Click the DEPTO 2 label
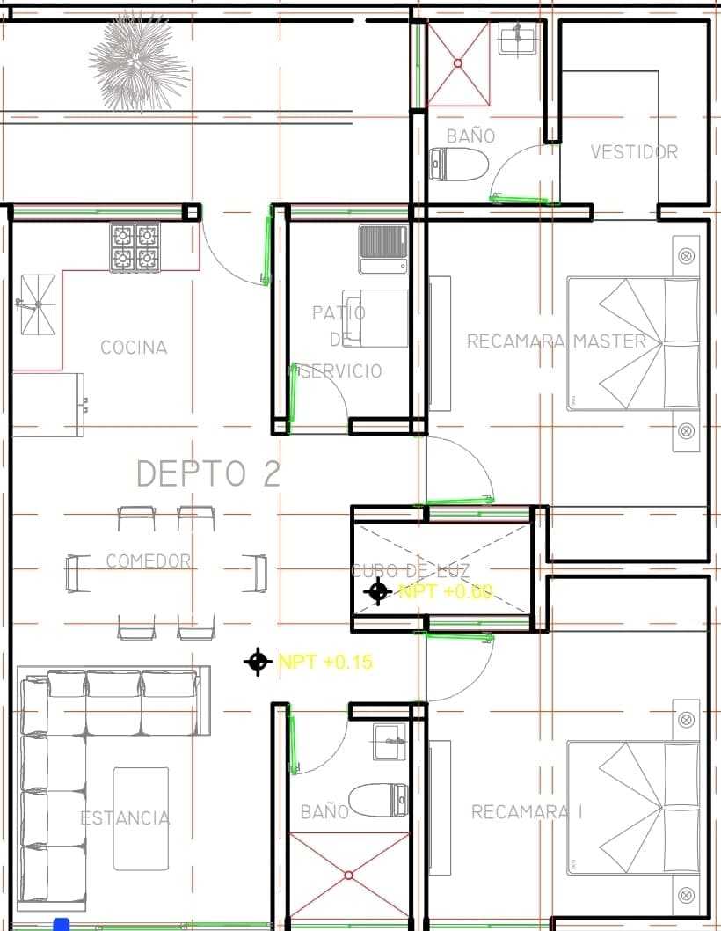[208, 473]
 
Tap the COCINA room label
[134, 348]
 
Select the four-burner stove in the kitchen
[135, 247]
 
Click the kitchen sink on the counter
[37, 304]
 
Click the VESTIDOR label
[634, 152]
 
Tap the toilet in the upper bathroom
[459, 165]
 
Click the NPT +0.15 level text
[325, 662]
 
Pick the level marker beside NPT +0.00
[378, 591]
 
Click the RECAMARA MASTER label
[556, 341]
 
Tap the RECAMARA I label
[527, 812]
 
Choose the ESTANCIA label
[125, 818]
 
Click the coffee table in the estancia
[141, 818]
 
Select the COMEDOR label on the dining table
[148, 561]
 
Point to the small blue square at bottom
[61, 924]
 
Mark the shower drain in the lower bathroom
[349, 876]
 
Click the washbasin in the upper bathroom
[518, 37]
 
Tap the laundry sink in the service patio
[383, 249]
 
